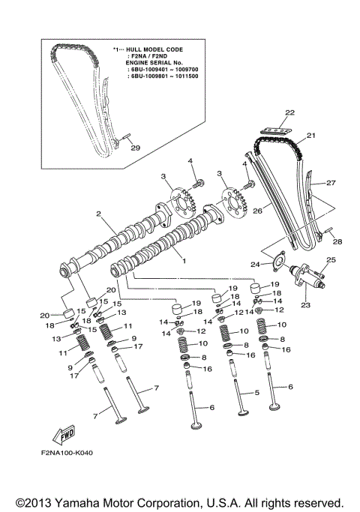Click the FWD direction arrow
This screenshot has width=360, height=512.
pyautogui.click(x=64, y=435)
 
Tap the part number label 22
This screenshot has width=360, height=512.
pyautogui.click(x=289, y=112)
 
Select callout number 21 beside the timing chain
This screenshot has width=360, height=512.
pyautogui.click(x=311, y=135)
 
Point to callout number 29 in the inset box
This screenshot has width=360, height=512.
pyautogui.click(x=135, y=148)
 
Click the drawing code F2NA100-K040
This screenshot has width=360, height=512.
pyautogui.click(x=67, y=453)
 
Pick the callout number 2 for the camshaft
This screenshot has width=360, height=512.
pyautogui.click(x=98, y=214)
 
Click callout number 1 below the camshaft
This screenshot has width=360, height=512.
pyautogui.click(x=184, y=261)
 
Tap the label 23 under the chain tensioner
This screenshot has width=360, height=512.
pyautogui.click(x=305, y=305)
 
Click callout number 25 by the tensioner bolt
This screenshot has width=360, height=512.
pyautogui.click(x=331, y=259)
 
